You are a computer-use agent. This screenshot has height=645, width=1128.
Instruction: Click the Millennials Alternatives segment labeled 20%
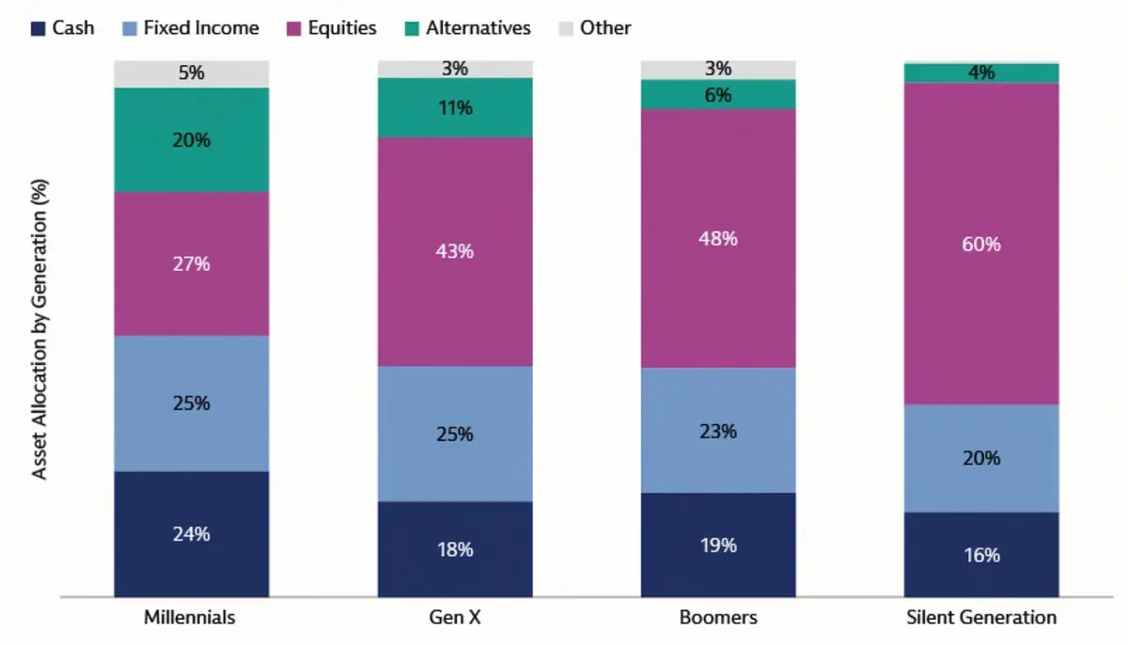(192, 140)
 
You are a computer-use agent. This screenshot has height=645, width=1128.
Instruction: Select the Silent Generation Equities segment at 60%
(981, 244)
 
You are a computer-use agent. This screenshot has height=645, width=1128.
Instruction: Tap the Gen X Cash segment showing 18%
(455, 549)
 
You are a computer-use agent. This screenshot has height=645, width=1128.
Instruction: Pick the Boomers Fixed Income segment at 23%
(718, 431)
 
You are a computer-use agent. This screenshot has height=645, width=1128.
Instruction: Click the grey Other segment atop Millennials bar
(192, 73)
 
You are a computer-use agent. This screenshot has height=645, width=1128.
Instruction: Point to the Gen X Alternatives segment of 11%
(455, 107)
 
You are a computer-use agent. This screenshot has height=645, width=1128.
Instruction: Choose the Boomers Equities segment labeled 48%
(718, 238)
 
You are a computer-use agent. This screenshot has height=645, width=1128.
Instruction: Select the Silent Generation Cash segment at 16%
(981, 555)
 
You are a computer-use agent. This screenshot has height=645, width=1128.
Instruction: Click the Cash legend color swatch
(38, 28)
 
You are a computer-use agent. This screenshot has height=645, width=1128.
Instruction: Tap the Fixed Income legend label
(201, 28)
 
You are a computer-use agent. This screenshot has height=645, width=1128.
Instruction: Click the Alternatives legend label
(478, 28)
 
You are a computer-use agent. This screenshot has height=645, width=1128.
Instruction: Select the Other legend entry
(604, 28)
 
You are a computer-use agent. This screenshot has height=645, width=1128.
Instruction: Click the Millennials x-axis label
(190, 618)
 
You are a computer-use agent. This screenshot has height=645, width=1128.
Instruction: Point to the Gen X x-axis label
(455, 618)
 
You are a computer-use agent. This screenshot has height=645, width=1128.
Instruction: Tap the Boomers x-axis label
(718, 618)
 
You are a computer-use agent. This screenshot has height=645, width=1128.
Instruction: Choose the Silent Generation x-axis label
(981, 618)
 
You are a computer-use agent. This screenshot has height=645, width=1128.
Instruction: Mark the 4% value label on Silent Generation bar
(981, 72)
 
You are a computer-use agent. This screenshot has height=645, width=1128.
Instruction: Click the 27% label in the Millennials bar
(192, 264)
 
